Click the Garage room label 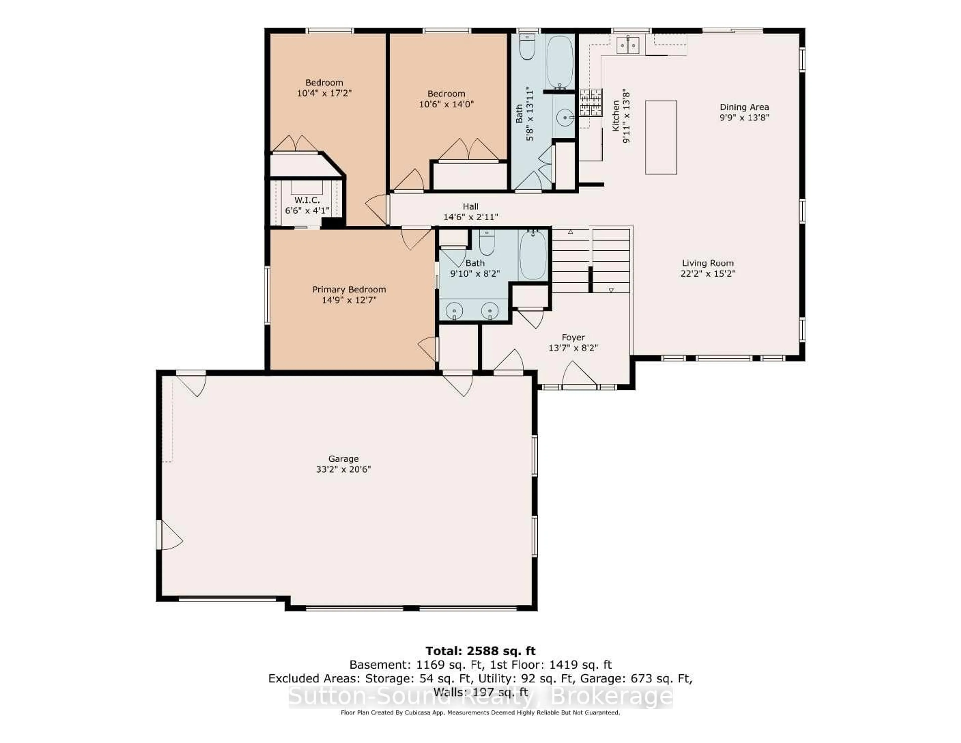click(x=343, y=459)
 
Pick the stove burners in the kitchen click(x=591, y=102)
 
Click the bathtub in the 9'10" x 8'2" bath click(x=533, y=255)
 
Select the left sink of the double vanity click(x=454, y=311)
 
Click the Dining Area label click(x=744, y=107)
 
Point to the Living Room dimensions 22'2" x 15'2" click(x=707, y=273)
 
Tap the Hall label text click(x=470, y=206)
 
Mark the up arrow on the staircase click(x=570, y=232)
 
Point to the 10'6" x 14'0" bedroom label click(x=446, y=99)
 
